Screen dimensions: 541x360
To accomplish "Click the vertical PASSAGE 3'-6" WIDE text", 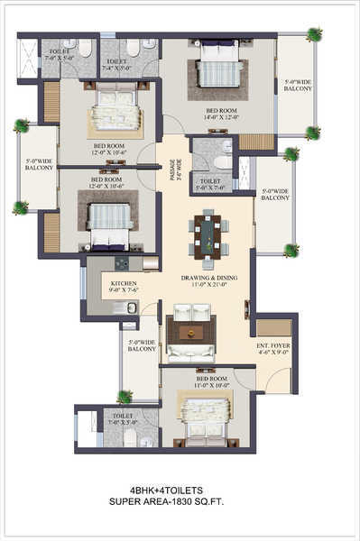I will click(176, 170).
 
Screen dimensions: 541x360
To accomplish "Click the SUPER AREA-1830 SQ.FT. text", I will click(179, 501).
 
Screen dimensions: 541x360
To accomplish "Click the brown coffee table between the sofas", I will click(191, 332).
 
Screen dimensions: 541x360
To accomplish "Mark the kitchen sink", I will click(132, 307).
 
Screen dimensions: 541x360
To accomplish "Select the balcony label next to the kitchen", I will click(142, 346).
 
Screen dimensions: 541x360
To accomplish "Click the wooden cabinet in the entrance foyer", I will click(273, 327).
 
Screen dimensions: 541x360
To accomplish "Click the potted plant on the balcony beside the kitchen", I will click(125, 396).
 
